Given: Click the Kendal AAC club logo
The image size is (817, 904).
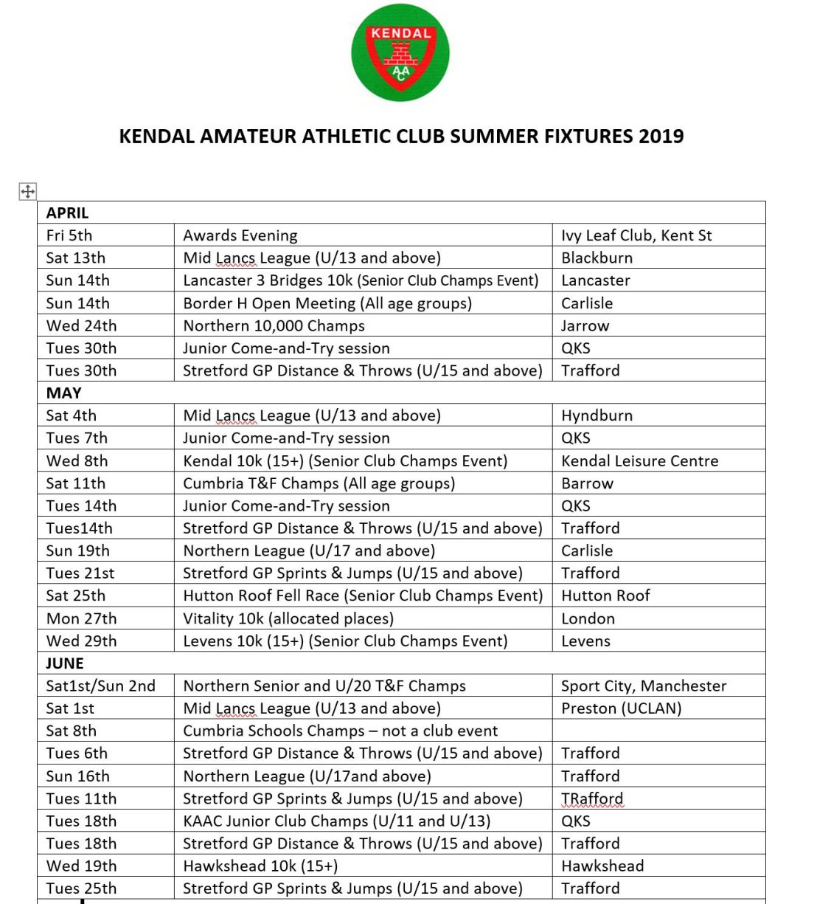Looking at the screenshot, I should point(400,53).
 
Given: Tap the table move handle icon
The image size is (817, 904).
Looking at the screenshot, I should point(27,192).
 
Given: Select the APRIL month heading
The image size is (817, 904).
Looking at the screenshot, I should point(67,213).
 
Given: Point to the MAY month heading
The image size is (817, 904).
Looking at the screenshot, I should point(63,393).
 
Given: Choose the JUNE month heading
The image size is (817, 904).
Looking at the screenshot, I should point(65,663).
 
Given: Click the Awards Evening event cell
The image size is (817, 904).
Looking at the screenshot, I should point(240,235).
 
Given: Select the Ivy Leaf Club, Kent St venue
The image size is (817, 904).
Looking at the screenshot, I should point(636,235).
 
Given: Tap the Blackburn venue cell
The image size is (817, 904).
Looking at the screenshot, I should point(597,258).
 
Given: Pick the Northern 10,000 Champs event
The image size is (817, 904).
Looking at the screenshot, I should point(274,325).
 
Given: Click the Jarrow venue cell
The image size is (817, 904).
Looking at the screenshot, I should point(585,325).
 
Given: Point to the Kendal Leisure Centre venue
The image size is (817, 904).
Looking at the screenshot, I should point(639,461).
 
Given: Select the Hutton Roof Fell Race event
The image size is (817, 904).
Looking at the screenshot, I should point(362,596).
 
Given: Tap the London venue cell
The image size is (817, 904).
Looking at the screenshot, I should point(588,618).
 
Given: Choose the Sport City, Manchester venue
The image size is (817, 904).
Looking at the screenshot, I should point(644,686).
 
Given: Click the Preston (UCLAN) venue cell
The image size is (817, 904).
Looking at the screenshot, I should point(621,708).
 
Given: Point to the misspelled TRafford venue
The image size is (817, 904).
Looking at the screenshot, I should point(592,798).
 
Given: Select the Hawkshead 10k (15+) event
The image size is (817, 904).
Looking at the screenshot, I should point(260,866).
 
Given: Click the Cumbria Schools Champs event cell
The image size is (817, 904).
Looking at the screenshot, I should point(340,731).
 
